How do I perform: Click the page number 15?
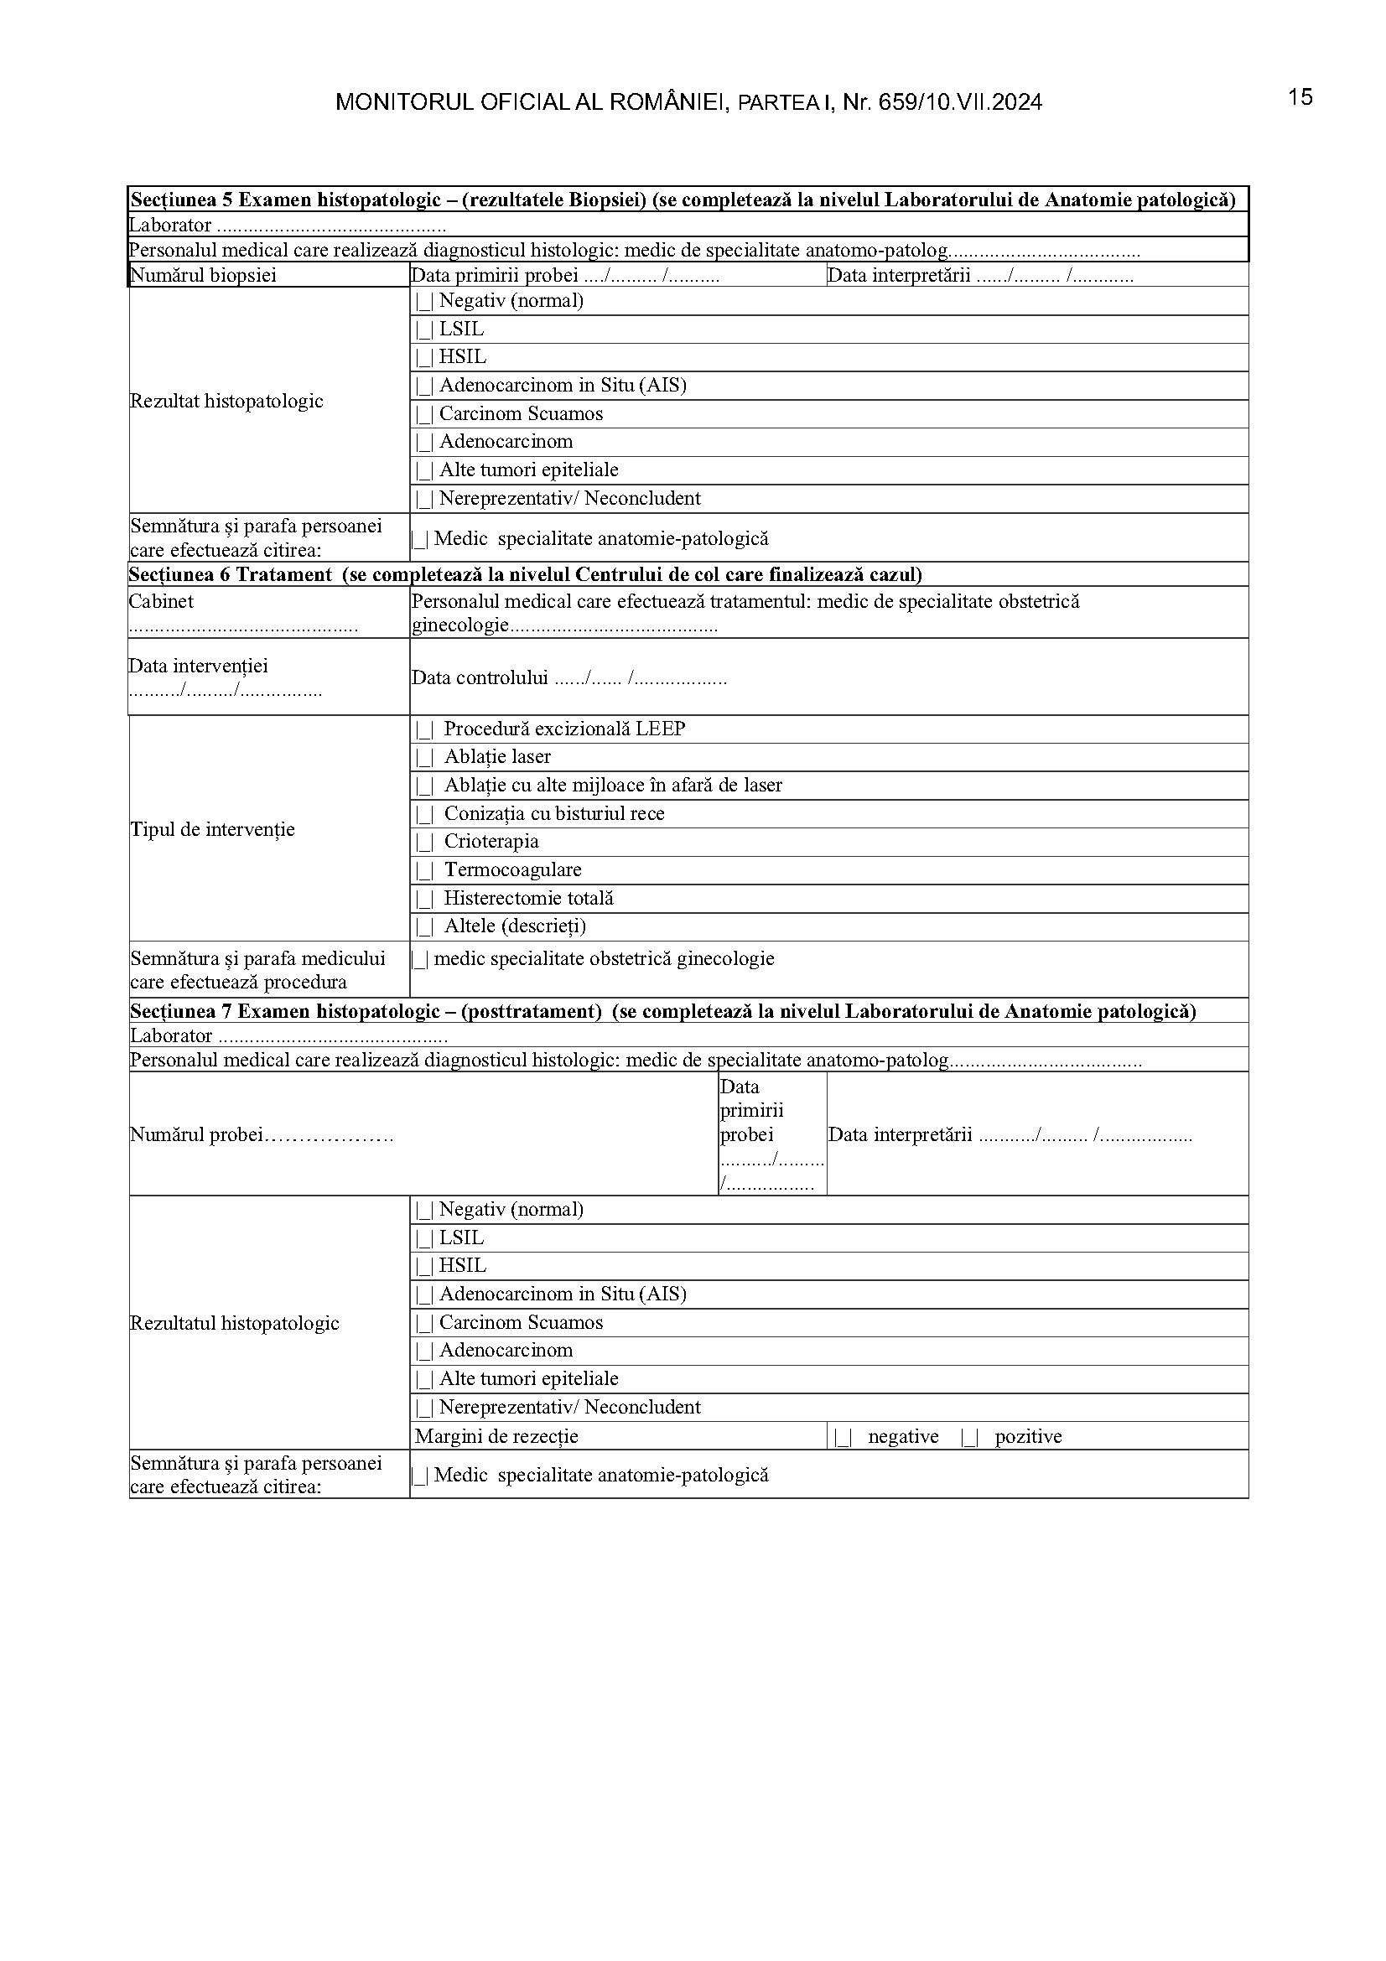1300,97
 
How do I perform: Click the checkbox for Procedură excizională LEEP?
424,729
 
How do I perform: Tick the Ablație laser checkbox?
424,758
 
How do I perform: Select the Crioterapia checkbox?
424,842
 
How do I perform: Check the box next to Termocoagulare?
424,871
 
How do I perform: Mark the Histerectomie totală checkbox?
424,900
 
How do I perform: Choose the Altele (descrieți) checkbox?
424,927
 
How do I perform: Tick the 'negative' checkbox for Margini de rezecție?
844,1438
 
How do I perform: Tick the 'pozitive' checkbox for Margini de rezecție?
969,1438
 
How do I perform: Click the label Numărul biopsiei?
202,275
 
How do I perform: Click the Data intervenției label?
198,667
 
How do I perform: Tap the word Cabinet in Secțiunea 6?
161,601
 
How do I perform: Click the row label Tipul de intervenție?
212,829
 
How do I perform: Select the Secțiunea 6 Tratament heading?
231,574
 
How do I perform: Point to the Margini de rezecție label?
496,1437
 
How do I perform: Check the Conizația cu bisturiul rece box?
424,814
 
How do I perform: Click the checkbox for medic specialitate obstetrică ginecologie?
419,960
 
